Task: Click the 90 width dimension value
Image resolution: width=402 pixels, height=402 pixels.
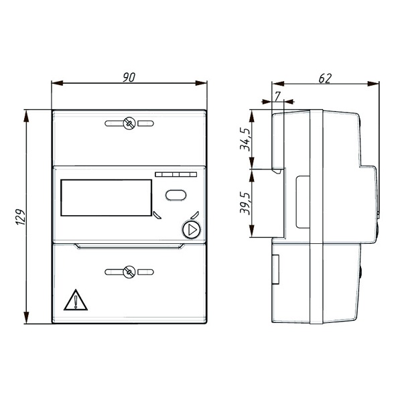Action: tap(129, 78)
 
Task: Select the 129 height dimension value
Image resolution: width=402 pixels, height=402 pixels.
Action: tap(21, 217)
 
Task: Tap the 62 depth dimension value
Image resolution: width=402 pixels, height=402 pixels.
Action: tap(325, 78)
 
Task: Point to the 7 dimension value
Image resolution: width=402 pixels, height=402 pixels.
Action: tap(277, 96)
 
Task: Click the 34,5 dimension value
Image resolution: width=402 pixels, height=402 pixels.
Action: tap(245, 139)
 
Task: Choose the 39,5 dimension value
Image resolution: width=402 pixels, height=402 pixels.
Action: tap(245, 203)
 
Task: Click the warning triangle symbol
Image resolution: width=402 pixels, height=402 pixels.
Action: tap(76, 300)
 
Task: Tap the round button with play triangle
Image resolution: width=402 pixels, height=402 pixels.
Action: tap(191, 230)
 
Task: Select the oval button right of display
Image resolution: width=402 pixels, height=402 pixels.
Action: tap(176, 195)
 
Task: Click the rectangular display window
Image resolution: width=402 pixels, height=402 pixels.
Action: tap(107, 198)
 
